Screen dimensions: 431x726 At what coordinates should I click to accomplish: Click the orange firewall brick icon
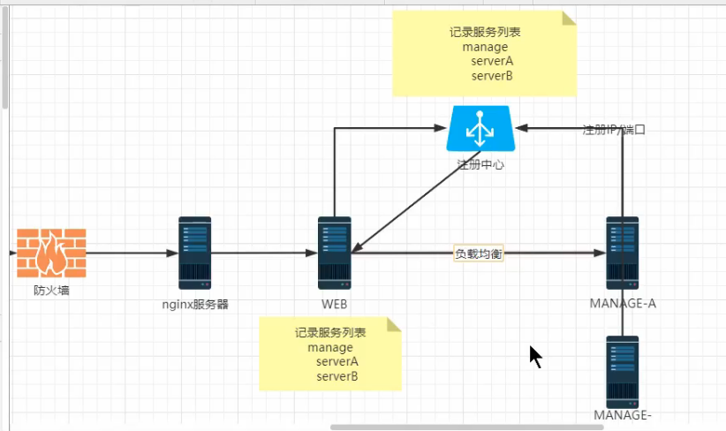51,253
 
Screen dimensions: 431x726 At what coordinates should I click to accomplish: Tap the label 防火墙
51,290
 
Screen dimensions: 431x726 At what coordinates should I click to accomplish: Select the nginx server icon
194,253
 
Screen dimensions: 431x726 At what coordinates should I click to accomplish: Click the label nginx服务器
195,305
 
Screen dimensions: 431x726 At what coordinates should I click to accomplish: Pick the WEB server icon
335,253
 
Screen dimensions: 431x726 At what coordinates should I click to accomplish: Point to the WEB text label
335,305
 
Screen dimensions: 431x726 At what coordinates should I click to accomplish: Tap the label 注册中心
481,164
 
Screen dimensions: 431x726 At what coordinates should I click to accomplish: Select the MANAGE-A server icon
623,253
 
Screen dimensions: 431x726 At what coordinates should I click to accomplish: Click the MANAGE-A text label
623,304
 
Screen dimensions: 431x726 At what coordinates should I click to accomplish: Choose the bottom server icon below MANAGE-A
623,371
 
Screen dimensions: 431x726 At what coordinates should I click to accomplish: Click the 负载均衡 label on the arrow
479,253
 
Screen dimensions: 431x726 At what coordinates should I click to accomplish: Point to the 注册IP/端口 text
615,130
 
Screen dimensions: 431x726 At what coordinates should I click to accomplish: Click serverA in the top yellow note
492,61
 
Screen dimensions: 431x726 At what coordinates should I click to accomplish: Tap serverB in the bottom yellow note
337,376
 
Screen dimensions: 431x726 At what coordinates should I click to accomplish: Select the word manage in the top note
485,46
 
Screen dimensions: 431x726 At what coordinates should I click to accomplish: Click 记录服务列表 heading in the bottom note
330,333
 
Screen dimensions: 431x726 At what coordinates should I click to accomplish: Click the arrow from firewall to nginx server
132,253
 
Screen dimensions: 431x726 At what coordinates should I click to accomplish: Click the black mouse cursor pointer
535,356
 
